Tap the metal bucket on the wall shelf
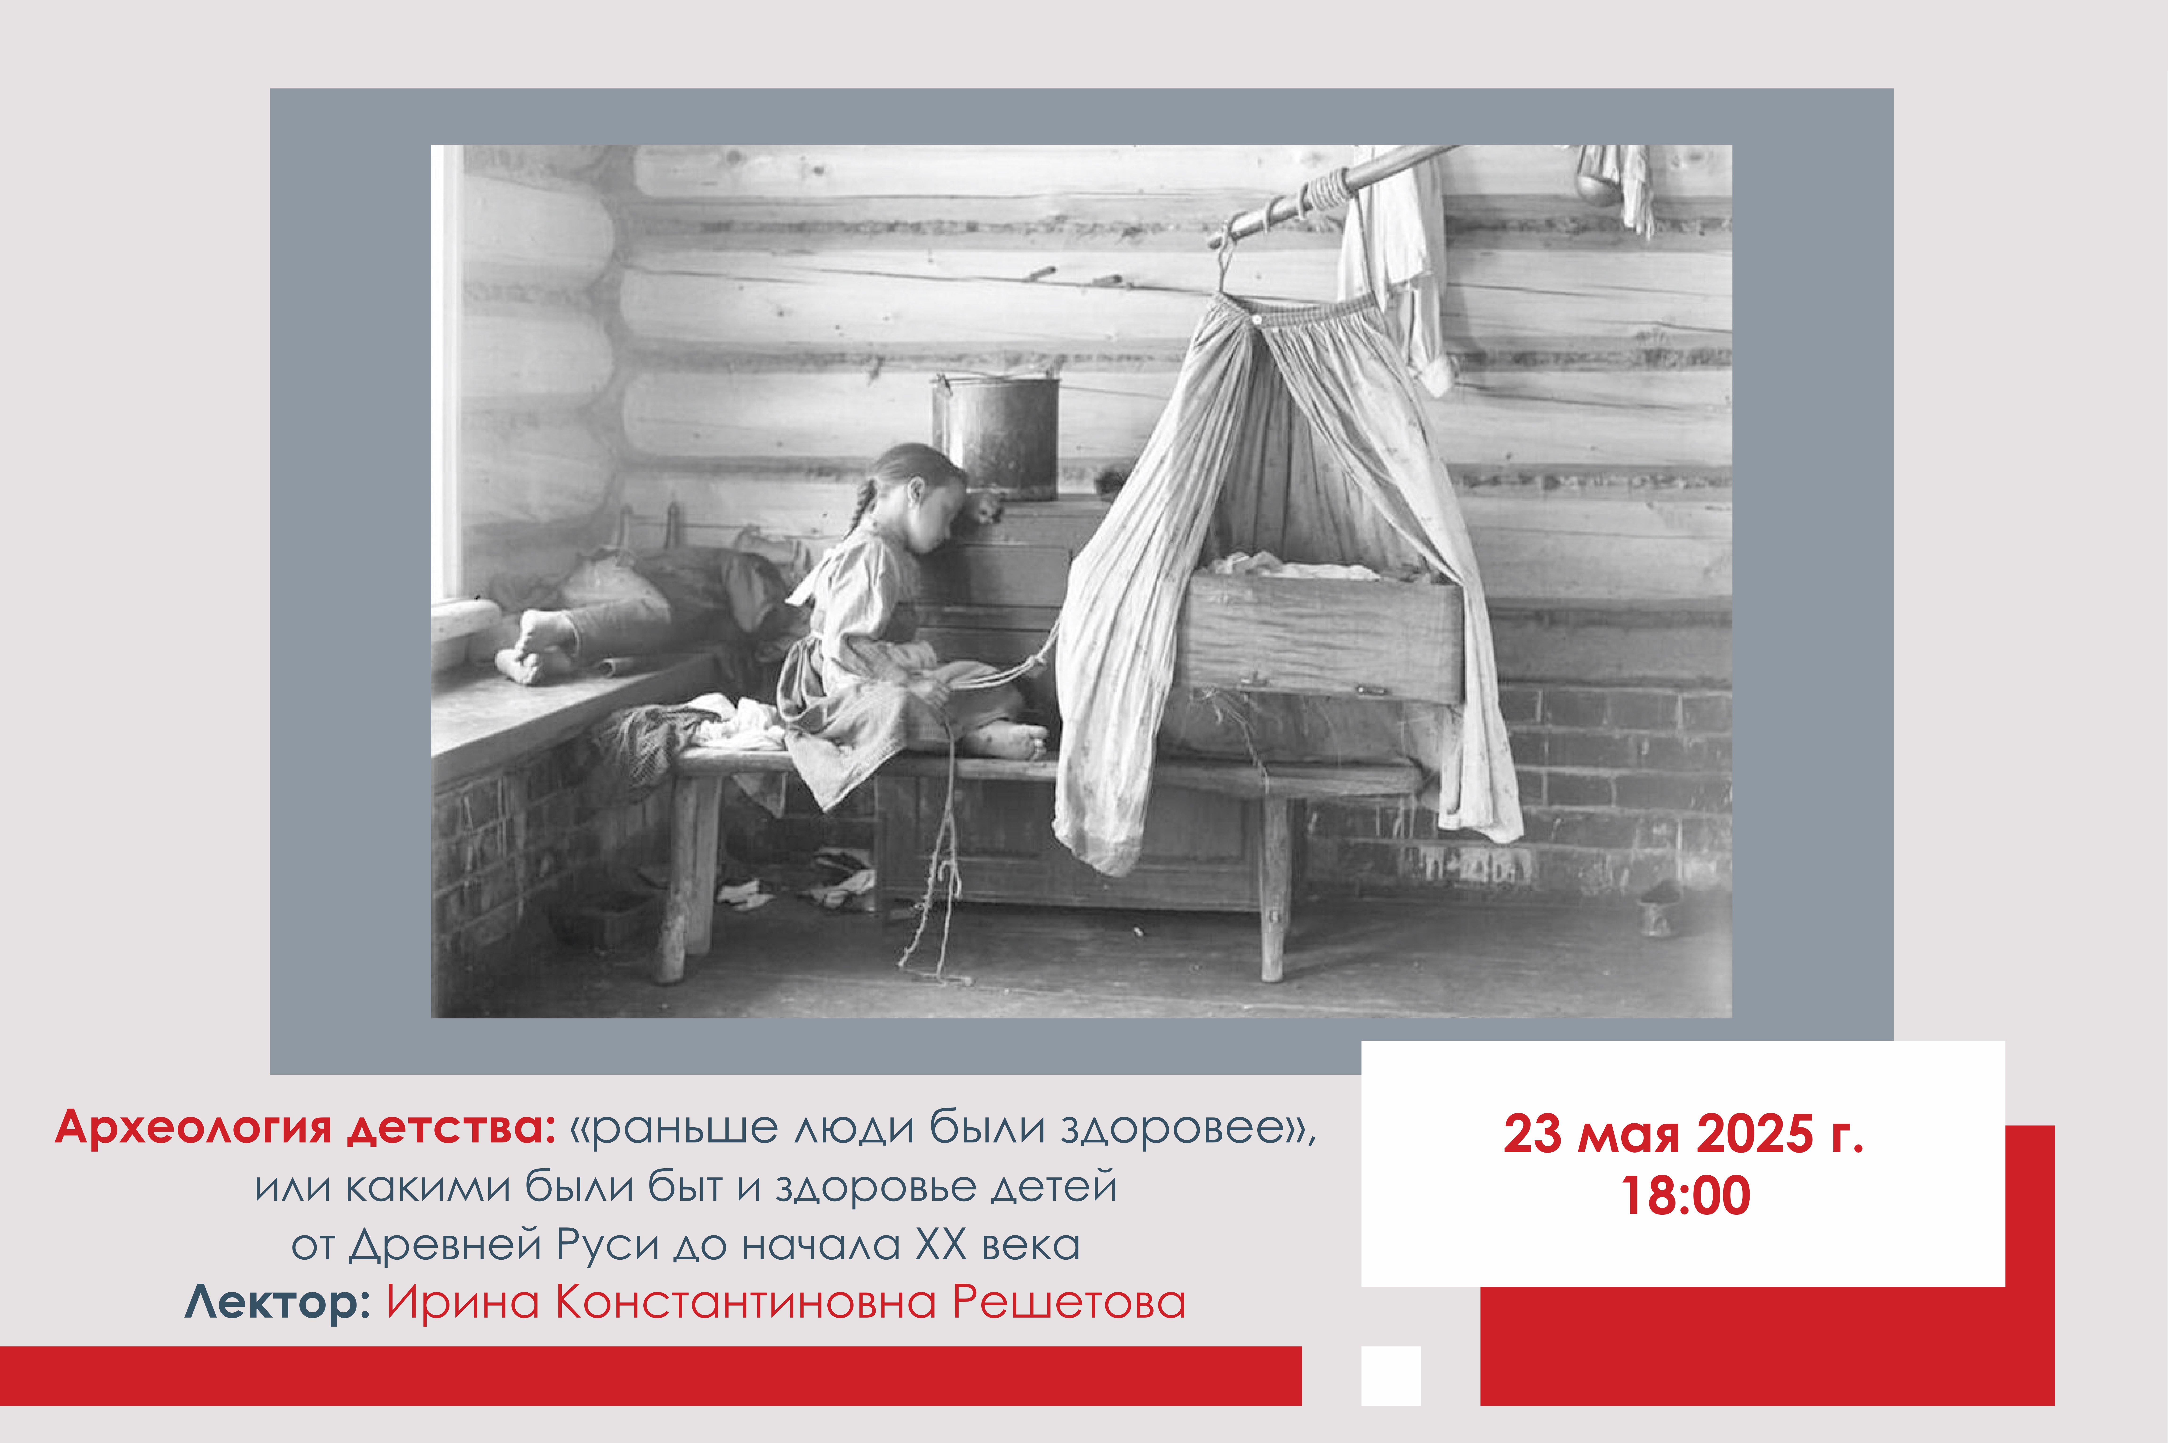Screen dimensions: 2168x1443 (996, 435)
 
